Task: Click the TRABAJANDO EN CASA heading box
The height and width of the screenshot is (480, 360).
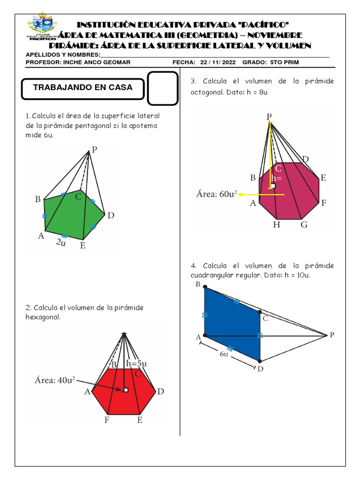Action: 82,88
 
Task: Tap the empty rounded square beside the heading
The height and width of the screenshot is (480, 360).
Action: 163,88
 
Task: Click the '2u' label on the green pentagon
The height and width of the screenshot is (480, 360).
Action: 60,242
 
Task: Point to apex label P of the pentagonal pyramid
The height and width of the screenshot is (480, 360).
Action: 94,150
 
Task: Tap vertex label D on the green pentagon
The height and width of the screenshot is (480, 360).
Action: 111,216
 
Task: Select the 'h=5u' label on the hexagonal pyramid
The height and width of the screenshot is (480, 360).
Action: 136,363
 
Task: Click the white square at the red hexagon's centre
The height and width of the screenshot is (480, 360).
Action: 125,390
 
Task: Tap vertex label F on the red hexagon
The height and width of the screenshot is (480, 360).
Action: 107,420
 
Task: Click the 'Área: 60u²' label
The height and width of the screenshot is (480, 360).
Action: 216,195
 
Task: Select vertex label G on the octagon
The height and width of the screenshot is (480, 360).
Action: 304,225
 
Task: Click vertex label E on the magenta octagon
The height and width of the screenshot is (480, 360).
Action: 323,178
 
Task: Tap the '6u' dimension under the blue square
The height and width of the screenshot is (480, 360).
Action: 224,354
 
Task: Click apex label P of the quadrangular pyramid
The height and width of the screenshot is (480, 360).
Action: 332,334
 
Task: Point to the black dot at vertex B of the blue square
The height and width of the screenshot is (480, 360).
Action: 205,288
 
